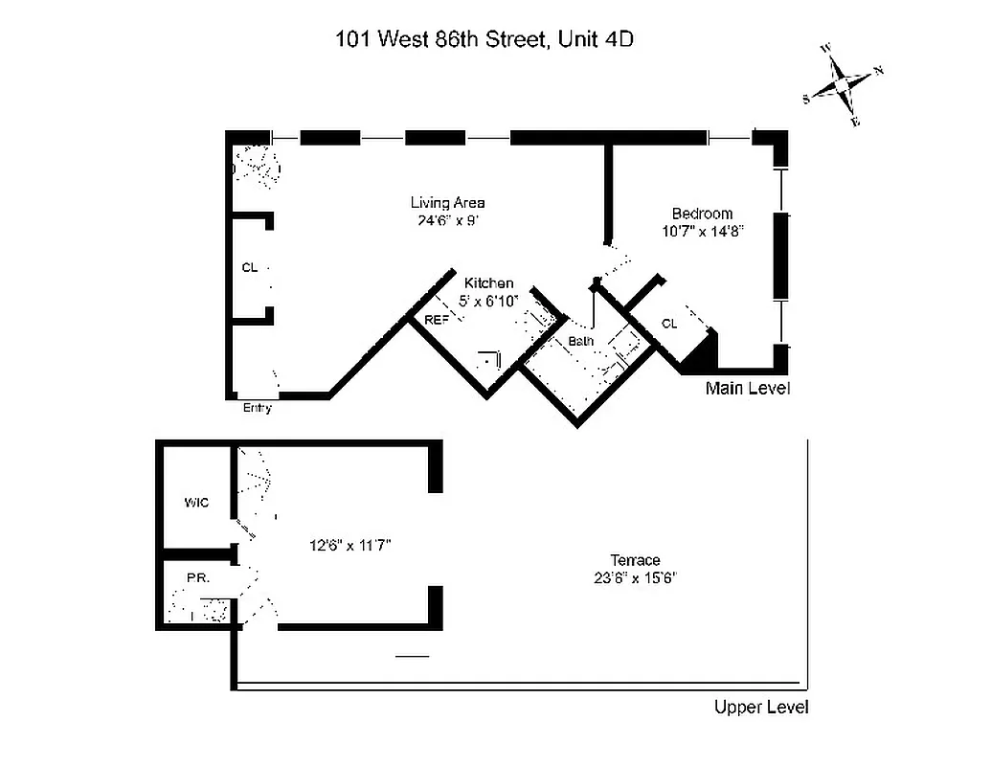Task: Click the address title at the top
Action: point(484,39)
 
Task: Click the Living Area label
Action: point(447,202)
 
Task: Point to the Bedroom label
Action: point(702,214)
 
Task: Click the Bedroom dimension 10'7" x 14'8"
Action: point(702,231)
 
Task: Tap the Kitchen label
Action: point(489,283)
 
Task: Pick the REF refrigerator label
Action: point(436,320)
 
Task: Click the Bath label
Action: point(581,340)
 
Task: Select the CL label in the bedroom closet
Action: point(669,324)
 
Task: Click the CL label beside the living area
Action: point(249,268)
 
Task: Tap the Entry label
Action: point(258,408)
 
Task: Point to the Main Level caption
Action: point(747,389)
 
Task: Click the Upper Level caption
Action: point(761,708)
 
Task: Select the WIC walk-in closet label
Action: point(196,503)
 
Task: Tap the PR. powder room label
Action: point(198,578)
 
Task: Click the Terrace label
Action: point(636,560)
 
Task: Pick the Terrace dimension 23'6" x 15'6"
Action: point(636,577)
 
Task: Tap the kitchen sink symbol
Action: point(491,361)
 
